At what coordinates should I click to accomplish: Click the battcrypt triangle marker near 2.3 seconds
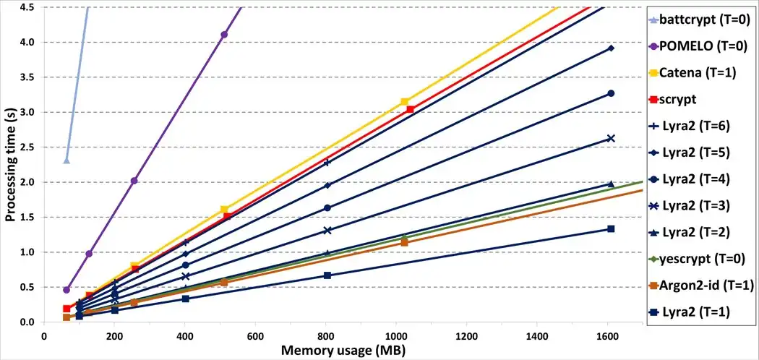(67, 160)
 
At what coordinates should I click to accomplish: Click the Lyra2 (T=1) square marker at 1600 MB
(611, 229)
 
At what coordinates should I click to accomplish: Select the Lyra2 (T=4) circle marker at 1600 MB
(611, 93)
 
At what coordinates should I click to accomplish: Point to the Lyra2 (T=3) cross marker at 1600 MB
(611, 138)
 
